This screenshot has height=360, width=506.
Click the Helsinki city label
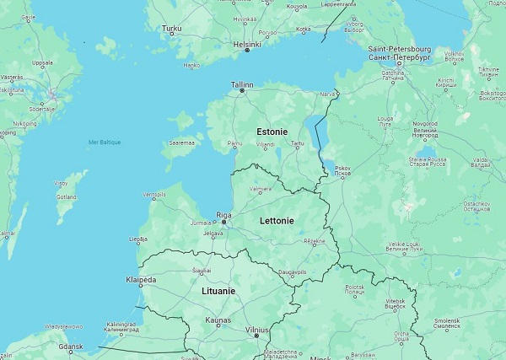click(x=247, y=43)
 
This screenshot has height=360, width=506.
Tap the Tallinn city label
click(x=242, y=84)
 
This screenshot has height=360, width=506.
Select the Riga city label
click(x=223, y=215)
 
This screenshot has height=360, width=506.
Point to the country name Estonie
click(x=272, y=132)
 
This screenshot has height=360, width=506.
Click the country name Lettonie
click(x=277, y=221)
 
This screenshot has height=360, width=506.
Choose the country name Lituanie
click(x=218, y=290)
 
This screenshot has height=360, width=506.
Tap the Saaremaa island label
click(x=181, y=143)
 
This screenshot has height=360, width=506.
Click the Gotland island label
click(x=66, y=196)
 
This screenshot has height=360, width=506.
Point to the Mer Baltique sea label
click(x=105, y=142)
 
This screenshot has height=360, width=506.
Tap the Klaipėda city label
click(x=141, y=279)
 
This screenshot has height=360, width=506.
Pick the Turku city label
click(x=171, y=29)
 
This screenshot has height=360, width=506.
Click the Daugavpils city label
click(x=293, y=271)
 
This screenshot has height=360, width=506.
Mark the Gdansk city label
click(x=70, y=346)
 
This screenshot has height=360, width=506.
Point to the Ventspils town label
click(x=153, y=195)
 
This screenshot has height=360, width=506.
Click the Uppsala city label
click(x=42, y=62)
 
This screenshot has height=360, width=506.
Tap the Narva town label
click(x=326, y=94)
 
